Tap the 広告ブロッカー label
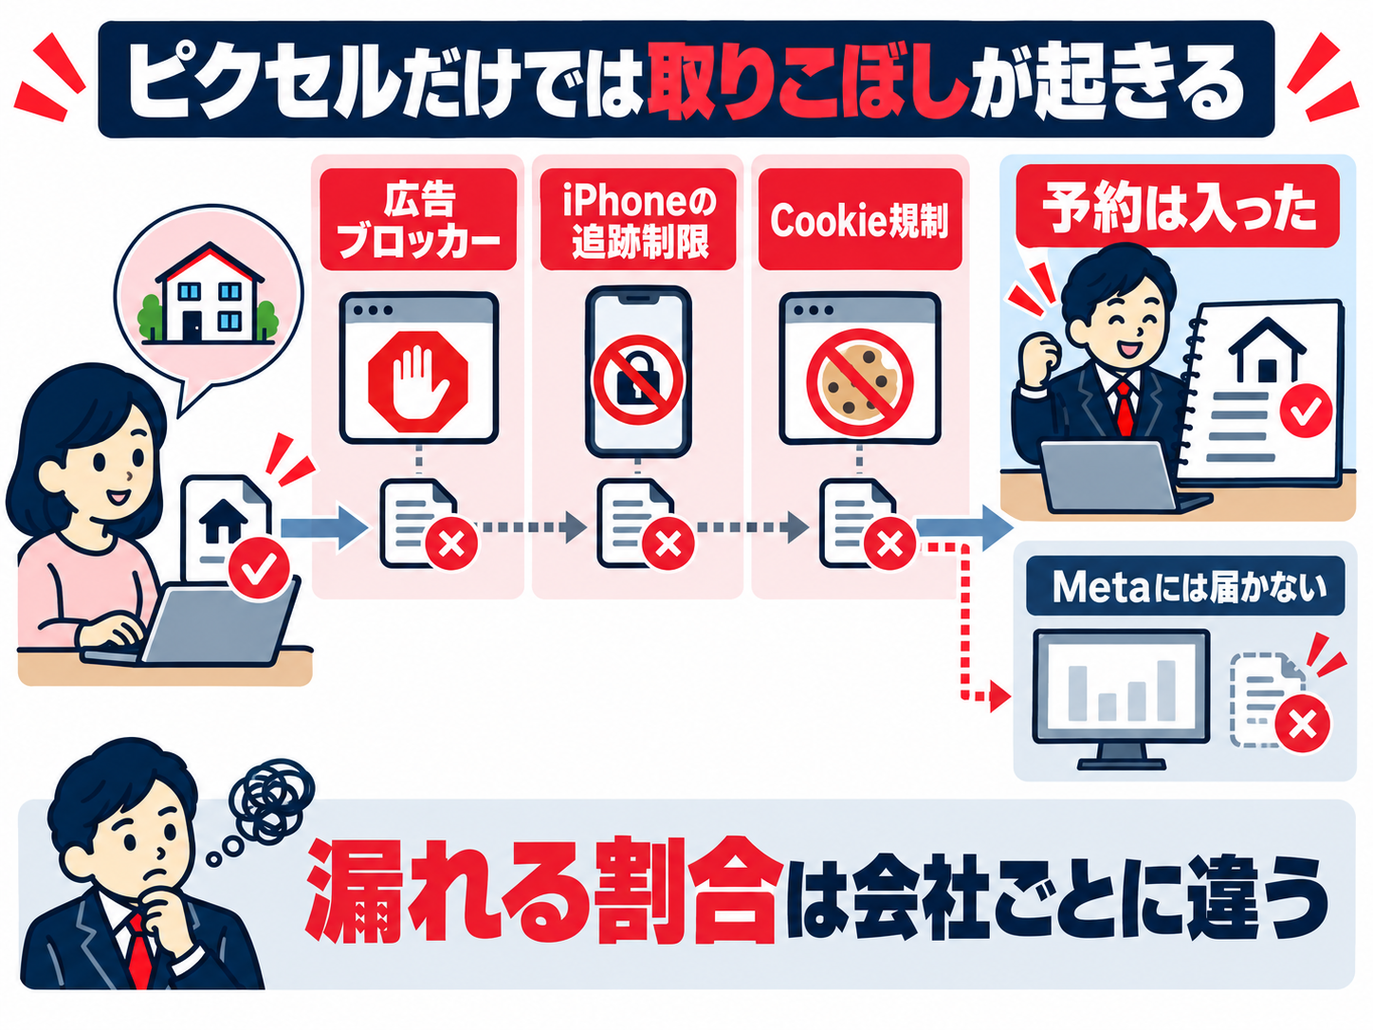[x=418, y=219]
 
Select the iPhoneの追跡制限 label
[x=638, y=219]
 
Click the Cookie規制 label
[x=860, y=219]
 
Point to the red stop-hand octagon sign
[x=418, y=381]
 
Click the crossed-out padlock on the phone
[x=639, y=379]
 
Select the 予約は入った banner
[x=1178, y=207]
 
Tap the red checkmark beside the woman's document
[x=258, y=568]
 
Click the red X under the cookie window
[x=889, y=543]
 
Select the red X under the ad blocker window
[x=451, y=543]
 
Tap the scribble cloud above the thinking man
[x=271, y=801]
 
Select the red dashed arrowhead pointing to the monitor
[x=999, y=695]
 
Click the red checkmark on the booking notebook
[x=1305, y=410]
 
